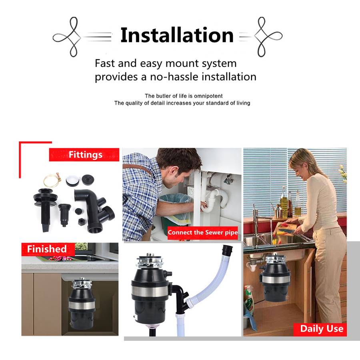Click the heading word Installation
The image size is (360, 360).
[177, 35]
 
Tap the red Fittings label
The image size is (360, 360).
[84, 154]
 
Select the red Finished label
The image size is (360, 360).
[48, 249]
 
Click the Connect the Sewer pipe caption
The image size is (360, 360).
[203, 232]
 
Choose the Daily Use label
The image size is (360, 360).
[320, 329]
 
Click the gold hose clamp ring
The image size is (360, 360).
[52, 180]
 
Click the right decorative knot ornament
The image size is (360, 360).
[268, 37]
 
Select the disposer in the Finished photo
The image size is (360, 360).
[82, 304]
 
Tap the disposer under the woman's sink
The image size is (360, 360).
[274, 278]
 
